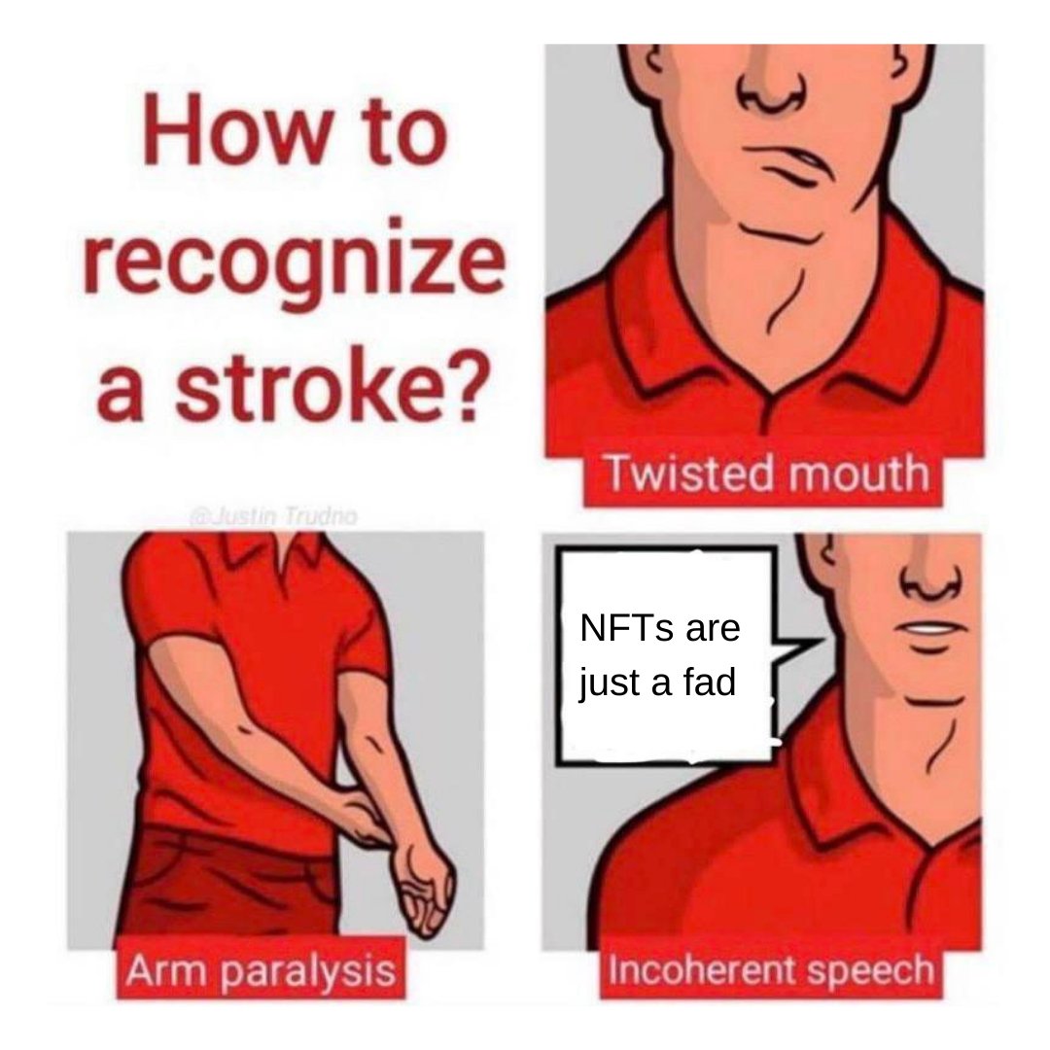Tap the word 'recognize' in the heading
pos(294,265)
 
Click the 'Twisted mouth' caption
pos(765,474)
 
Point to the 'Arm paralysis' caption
pos(260,970)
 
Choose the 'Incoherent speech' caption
pos(770,971)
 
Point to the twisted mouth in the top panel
pos(797,164)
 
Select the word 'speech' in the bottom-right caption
pos(870,972)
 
